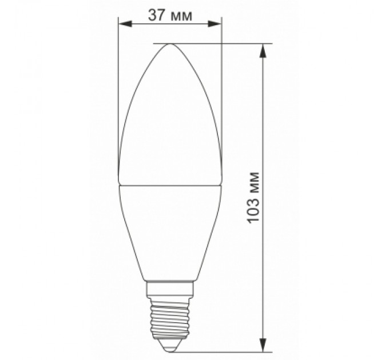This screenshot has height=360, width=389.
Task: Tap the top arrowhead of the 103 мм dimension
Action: pos(263,50)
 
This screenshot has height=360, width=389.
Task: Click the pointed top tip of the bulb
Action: pos(169,45)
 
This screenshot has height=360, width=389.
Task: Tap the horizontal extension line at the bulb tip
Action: pos(217,43)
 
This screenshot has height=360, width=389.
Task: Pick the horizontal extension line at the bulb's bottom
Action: pos(229,351)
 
